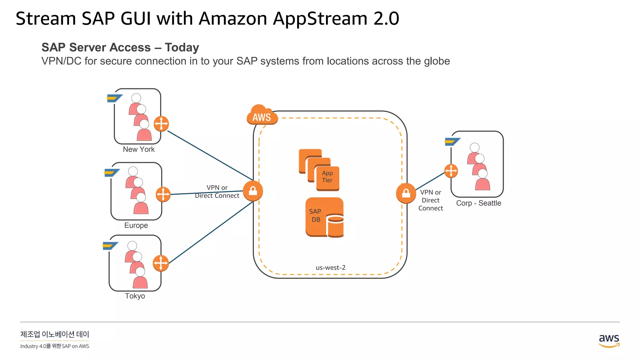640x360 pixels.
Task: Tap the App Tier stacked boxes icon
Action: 319,170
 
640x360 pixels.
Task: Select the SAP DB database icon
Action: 325,217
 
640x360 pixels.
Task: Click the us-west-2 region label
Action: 330,267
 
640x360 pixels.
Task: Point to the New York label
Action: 138,149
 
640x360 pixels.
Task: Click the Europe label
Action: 136,225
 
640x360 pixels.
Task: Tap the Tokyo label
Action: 135,296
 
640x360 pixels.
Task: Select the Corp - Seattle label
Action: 478,203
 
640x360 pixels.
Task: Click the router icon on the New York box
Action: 161,124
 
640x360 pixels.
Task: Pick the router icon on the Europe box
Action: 163,194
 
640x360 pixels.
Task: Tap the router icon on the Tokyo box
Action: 161,263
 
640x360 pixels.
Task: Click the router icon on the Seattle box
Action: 451,171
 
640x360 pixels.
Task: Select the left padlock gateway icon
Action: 253,191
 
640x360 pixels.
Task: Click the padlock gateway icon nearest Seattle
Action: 406,193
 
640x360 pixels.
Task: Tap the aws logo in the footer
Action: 609,340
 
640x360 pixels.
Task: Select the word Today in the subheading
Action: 182,47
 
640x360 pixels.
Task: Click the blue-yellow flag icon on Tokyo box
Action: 110,246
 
